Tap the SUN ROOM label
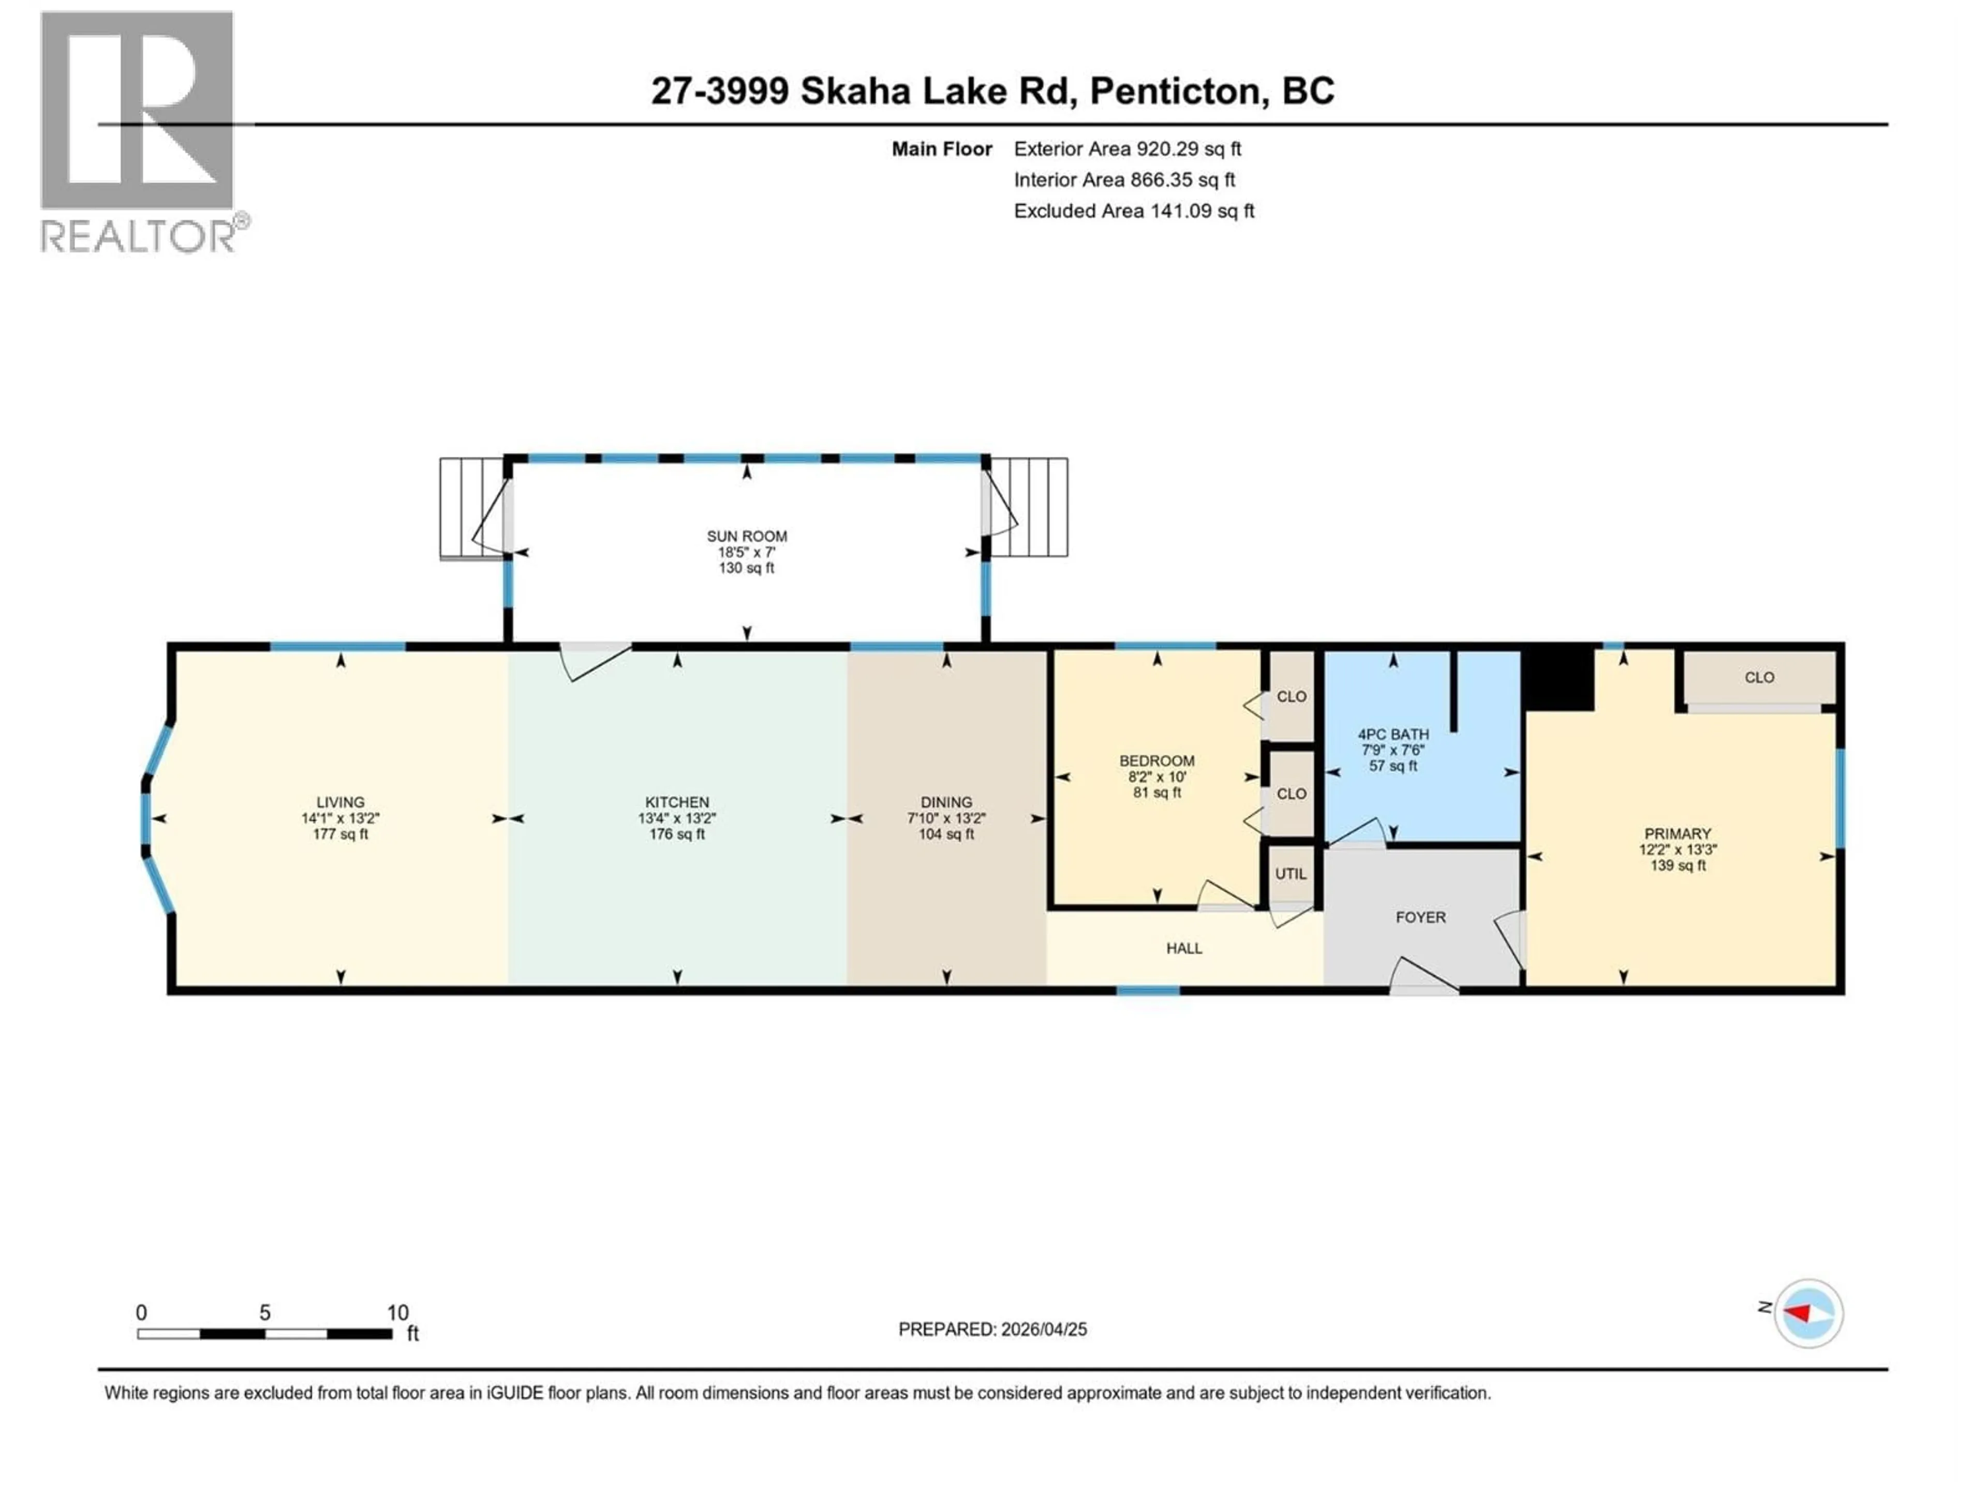747,536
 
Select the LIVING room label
340,802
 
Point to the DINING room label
946,802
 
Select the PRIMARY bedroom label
1677,833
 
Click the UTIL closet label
1291,874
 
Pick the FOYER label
1420,917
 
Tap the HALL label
1184,948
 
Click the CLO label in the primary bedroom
1759,677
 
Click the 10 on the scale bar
397,1313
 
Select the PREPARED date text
992,1329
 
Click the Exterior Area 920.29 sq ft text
1128,149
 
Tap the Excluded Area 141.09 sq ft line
1134,211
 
